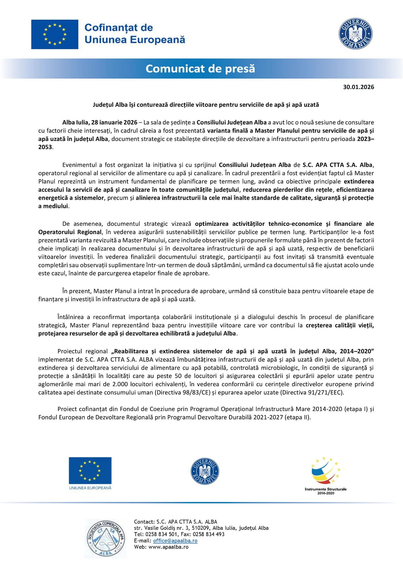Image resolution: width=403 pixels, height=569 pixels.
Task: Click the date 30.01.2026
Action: [x=358, y=87]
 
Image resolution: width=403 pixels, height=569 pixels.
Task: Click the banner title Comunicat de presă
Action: [x=200, y=69]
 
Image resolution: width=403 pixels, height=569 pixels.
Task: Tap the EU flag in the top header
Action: [x=55, y=34]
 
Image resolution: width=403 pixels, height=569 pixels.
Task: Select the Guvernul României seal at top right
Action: [x=355, y=34]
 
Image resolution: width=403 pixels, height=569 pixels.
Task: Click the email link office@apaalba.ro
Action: [x=175, y=540]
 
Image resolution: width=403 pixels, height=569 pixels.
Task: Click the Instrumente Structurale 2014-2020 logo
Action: [x=325, y=475]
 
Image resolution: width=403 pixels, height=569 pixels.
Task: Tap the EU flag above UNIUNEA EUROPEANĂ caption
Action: [x=90, y=470]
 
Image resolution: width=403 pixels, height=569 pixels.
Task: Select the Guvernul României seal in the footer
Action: [x=205, y=471]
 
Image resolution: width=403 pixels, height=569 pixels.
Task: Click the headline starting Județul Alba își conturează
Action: [x=206, y=105]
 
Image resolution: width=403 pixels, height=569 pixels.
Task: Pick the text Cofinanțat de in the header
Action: [x=119, y=28]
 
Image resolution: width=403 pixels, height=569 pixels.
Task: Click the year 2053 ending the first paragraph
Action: [x=45, y=147]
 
